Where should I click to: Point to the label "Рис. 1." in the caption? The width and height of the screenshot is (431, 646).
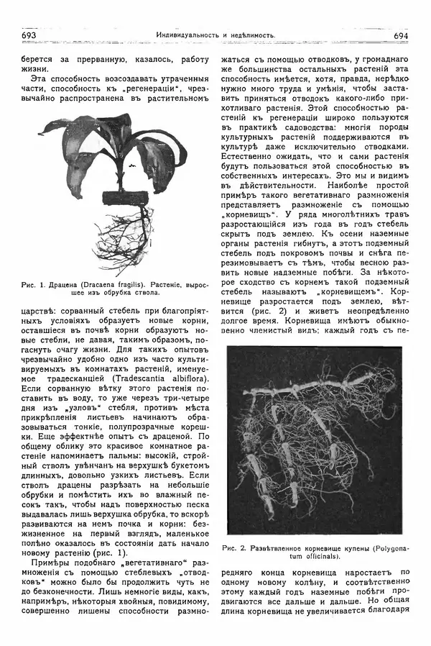(34, 283)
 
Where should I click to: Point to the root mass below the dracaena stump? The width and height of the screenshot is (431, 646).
(129, 237)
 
